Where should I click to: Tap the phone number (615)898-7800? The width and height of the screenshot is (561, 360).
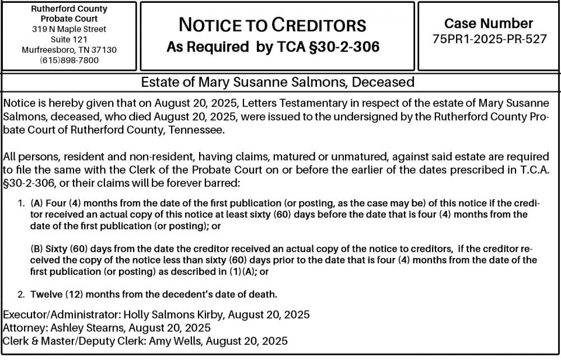[69, 60]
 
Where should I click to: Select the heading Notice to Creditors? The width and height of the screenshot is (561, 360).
[272, 25]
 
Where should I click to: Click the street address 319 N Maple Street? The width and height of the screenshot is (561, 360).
[69, 29]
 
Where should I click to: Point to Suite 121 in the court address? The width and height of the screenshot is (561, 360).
[69, 39]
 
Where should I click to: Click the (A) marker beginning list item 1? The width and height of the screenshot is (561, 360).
[36, 203]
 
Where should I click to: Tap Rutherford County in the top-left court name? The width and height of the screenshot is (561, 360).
[69, 10]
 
